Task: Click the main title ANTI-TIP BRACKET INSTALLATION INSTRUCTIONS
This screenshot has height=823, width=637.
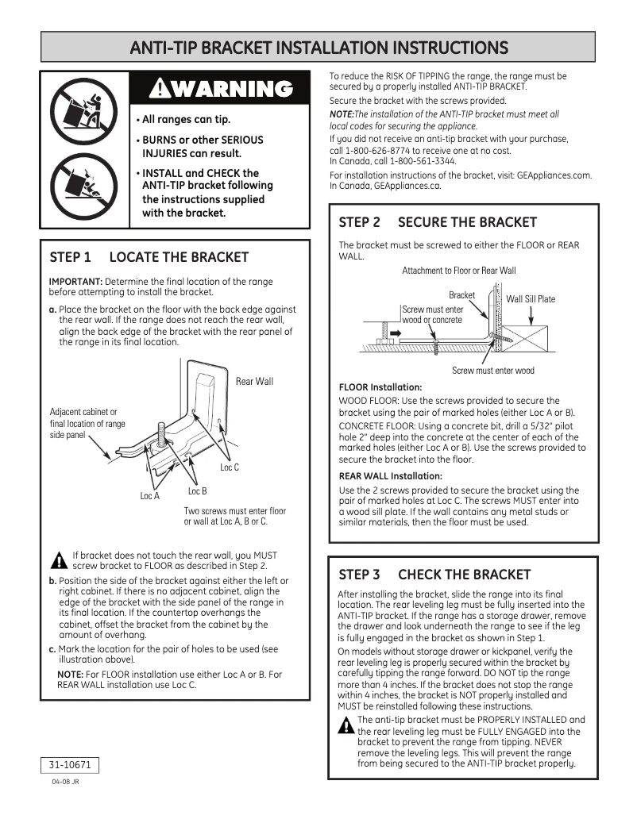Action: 318,47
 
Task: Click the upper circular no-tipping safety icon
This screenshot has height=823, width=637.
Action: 85,110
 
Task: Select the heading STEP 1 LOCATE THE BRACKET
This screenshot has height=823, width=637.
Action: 149,257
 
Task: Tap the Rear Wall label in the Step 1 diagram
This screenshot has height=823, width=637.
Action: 254,382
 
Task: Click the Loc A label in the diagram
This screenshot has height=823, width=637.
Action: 150,496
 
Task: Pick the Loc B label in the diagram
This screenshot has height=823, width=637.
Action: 197,492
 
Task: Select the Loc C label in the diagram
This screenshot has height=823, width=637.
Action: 230,468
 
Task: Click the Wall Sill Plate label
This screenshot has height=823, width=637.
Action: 531,299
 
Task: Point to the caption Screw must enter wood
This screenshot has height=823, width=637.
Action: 493,371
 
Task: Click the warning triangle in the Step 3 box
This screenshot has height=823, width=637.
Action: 346,725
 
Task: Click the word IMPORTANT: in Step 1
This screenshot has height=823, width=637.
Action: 75,282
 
